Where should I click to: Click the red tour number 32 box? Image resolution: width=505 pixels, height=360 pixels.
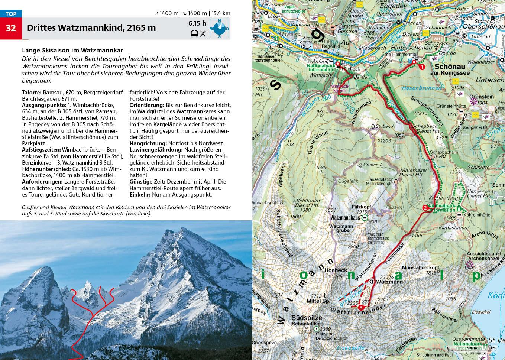click(x=11, y=28)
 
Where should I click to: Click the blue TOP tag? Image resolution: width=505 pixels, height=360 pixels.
click(x=11, y=14)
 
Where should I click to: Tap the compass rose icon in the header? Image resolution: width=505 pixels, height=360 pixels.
click(x=219, y=29)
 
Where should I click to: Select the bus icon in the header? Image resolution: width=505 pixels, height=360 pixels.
click(x=194, y=34)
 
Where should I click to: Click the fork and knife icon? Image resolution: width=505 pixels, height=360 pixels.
click(x=203, y=34)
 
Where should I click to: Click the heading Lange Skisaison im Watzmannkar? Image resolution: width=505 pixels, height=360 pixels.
click(x=72, y=50)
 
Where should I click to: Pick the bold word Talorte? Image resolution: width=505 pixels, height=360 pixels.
click(x=32, y=93)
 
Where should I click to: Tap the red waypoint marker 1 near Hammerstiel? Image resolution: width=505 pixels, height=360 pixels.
click(x=421, y=67)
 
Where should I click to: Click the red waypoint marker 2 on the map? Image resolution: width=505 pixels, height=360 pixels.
click(x=425, y=208)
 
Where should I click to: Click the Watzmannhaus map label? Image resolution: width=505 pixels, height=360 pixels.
click(x=345, y=217)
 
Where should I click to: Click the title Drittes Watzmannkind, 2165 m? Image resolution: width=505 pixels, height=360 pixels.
click(x=91, y=28)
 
